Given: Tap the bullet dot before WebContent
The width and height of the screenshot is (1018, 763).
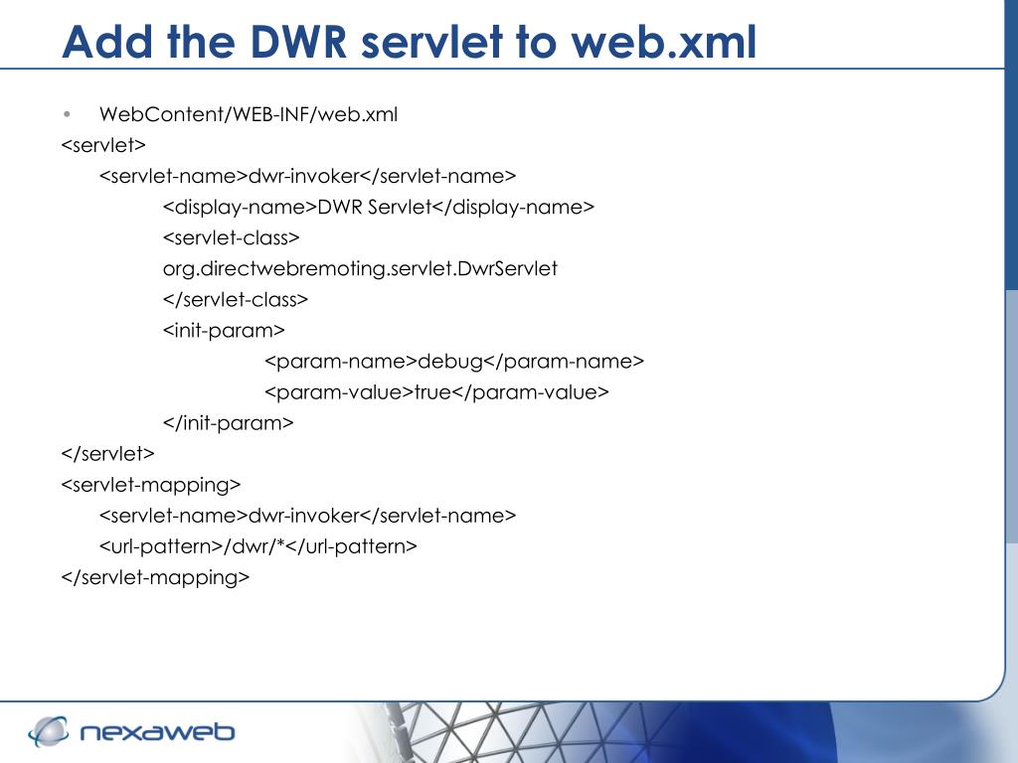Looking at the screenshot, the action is pyautogui.click(x=67, y=113).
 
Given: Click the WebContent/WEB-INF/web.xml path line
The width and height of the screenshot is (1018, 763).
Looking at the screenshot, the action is pyautogui.click(x=248, y=114).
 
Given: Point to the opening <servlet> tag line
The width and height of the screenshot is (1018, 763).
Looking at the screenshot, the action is pyautogui.click(x=103, y=145).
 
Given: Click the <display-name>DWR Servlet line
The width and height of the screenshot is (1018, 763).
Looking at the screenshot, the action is pyautogui.click(x=378, y=207).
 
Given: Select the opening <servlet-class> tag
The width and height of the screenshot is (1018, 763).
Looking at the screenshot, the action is pyautogui.click(x=231, y=237).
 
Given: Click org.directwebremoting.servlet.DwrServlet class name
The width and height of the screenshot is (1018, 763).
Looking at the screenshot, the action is pyautogui.click(x=360, y=268).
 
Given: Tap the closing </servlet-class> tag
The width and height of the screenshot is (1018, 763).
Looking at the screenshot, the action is pyautogui.click(x=235, y=299).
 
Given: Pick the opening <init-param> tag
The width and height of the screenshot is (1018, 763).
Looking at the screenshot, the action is pyautogui.click(x=224, y=330).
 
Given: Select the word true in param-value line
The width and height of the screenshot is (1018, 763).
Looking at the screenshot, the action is pyautogui.click(x=432, y=391).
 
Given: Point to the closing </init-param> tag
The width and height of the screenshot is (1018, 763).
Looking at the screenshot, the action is pyautogui.click(x=228, y=422).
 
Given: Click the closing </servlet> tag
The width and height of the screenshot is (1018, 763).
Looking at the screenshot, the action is pyautogui.click(x=107, y=453).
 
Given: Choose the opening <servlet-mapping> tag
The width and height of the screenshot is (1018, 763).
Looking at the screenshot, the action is pyautogui.click(x=150, y=485).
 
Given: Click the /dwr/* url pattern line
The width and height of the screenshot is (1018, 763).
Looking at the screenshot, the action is pyautogui.click(x=257, y=546).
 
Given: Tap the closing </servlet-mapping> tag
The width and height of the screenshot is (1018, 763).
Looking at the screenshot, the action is pyautogui.click(x=154, y=577).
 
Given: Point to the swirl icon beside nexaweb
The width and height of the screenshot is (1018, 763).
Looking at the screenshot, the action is pyautogui.click(x=48, y=731).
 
